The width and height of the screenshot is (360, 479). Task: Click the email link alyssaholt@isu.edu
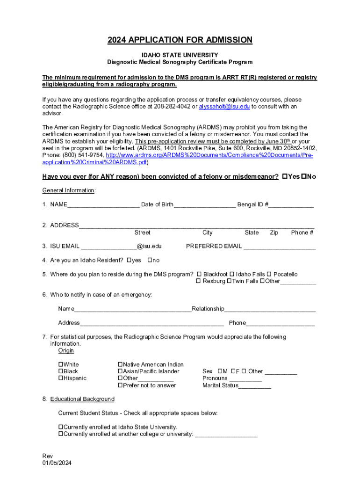pyautogui.click(x=224, y=107)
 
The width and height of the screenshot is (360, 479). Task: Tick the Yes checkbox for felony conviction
pyautogui.click(x=285, y=177)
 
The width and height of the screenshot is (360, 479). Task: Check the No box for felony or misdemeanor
pyautogui.click(x=303, y=177)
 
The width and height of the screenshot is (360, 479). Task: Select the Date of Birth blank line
pyautogui.click(x=204, y=205)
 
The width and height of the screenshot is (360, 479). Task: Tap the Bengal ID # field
pyautogui.click(x=291, y=205)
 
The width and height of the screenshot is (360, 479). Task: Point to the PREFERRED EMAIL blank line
pyautogui.click(x=280, y=247)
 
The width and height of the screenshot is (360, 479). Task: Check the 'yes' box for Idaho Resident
pyautogui.click(x=129, y=261)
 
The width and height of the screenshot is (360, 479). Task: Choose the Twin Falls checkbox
pyautogui.click(x=229, y=282)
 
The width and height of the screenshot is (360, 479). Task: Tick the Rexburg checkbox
pyautogui.click(x=198, y=282)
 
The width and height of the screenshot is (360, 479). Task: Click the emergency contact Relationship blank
pyautogui.click(x=270, y=310)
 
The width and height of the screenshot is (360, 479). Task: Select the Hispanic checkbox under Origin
pyautogui.click(x=60, y=378)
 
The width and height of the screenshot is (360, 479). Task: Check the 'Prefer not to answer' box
pyautogui.click(x=120, y=385)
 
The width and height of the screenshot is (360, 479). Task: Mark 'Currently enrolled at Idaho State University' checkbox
pyautogui.click(x=60, y=427)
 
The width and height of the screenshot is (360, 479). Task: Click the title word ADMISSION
pyautogui.click(x=223, y=40)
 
